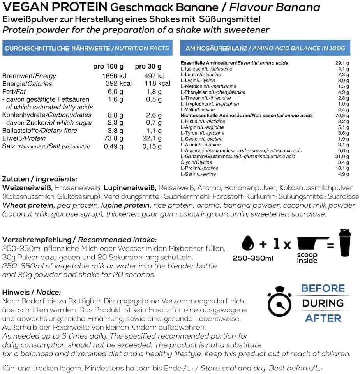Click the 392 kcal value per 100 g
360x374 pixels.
118,84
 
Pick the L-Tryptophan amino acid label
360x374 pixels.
210,104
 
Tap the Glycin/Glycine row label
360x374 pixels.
196,162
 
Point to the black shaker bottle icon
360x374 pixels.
344,244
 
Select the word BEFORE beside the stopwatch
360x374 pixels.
323,289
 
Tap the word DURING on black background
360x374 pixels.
323,303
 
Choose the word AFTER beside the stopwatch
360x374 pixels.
323,318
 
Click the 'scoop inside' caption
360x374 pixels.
307,258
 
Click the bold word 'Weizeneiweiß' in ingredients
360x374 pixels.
27,188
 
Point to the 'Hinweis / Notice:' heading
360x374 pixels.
32,292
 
